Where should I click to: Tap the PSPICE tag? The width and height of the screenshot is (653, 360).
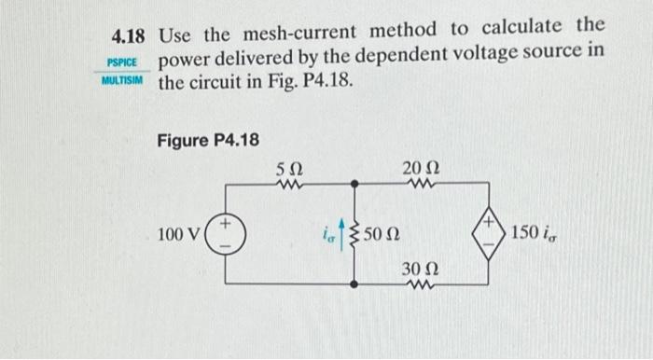coord(123,62)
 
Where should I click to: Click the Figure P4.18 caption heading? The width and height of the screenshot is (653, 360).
coord(207,140)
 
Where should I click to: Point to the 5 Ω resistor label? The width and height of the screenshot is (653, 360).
coord(289,169)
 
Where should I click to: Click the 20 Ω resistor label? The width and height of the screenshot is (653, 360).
coord(417,168)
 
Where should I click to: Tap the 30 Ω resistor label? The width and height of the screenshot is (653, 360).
coord(416,268)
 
